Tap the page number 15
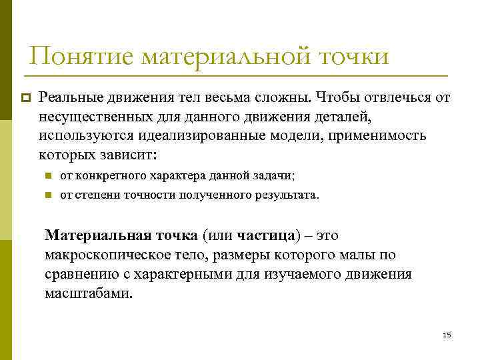447,335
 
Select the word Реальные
67,98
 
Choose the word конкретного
104,176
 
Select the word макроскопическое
104,255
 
